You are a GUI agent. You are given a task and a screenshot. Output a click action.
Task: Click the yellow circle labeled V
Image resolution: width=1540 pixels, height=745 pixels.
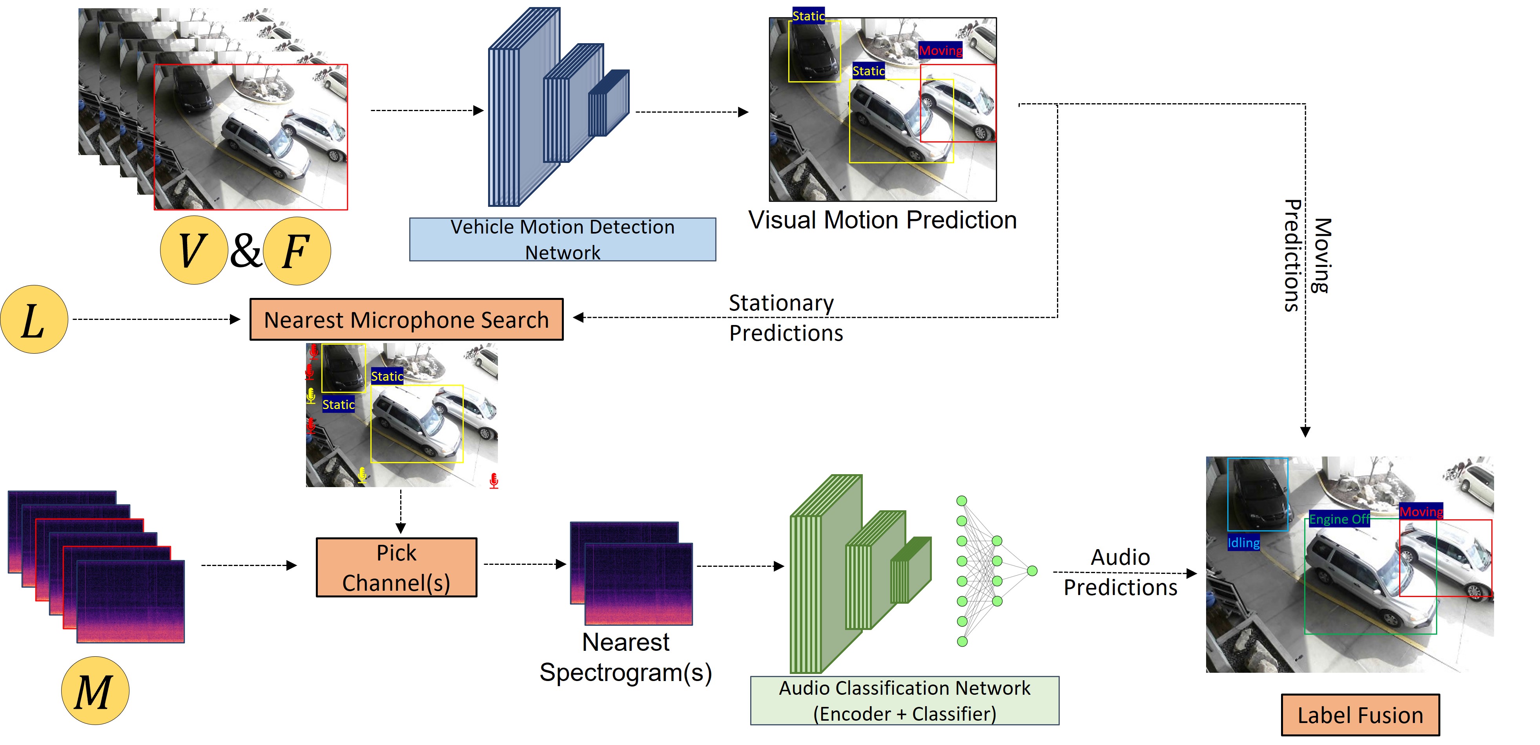(x=193, y=250)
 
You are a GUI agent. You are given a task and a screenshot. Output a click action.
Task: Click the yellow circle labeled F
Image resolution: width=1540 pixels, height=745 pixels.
(x=297, y=250)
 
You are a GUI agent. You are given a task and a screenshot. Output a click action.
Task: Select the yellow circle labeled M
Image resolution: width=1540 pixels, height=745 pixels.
(x=95, y=691)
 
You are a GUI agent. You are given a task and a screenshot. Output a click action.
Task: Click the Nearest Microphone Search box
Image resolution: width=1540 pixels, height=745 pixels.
(x=406, y=320)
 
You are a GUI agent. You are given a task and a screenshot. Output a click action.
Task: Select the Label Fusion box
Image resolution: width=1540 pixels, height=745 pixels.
(x=1360, y=715)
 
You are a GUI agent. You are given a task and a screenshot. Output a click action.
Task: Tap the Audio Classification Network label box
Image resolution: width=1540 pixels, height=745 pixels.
(x=904, y=701)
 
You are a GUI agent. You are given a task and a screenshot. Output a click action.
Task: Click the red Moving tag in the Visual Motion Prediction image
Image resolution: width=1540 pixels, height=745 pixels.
(x=940, y=50)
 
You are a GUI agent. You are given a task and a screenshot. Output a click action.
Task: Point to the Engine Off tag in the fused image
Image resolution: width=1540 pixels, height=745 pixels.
(x=1339, y=519)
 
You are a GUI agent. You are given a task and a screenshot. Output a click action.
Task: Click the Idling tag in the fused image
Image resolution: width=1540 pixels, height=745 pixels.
(x=1243, y=543)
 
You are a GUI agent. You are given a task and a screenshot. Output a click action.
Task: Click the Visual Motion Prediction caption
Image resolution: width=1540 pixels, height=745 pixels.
(x=882, y=220)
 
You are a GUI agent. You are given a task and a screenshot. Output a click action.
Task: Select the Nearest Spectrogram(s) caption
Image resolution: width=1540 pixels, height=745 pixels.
(x=625, y=657)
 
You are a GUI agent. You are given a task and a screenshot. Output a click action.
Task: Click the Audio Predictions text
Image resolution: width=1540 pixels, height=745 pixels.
(x=1120, y=572)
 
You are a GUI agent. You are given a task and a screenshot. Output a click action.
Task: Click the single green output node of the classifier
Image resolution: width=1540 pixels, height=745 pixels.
(x=1032, y=571)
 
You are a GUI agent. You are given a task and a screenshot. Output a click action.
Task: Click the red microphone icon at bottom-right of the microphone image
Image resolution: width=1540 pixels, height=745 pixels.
(x=494, y=481)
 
